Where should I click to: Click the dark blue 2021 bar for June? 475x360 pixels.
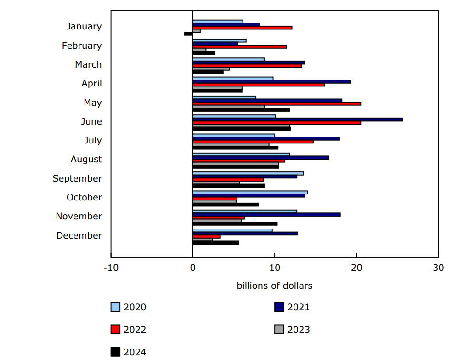tap(298, 120)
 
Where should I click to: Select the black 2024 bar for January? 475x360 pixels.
tap(188, 34)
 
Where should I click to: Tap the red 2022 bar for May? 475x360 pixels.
tap(277, 103)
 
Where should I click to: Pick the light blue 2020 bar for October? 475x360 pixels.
tap(250, 192)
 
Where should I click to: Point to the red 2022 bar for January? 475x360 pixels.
tap(242, 28)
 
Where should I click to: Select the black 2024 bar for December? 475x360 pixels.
tap(216, 242)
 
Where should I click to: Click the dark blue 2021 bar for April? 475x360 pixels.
tap(271, 81)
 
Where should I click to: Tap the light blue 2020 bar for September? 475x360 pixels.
tap(248, 173)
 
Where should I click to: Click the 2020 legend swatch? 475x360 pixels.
tap(115, 307)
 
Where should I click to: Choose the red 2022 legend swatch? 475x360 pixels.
tap(115, 330)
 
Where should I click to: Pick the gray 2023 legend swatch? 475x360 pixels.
tap(279, 330)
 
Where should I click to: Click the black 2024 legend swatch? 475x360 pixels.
tap(115, 352)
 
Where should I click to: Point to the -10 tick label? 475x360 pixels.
tap(111, 268)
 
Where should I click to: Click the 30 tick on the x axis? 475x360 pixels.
tap(439, 268)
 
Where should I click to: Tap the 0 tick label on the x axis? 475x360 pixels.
tap(193, 268)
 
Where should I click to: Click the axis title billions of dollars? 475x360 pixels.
tap(275, 286)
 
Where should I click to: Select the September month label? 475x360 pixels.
tap(77, 178)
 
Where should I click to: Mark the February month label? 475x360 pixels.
tap(82, 46)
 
